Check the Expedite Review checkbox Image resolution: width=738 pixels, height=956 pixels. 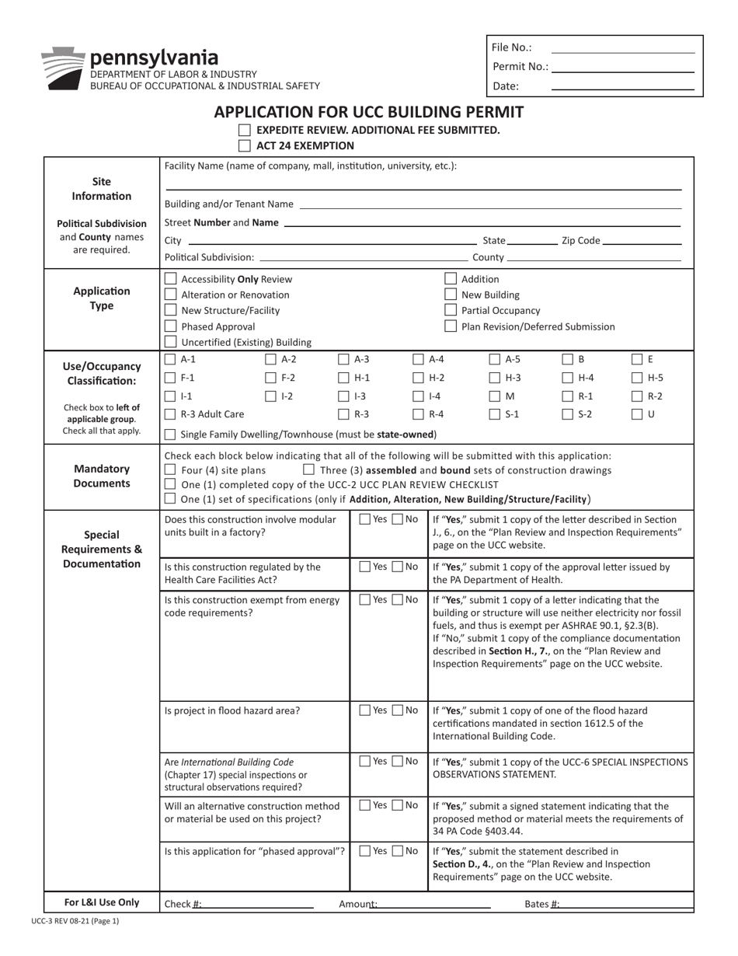point(245,130)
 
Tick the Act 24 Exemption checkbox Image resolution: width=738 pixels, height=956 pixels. point(245,145)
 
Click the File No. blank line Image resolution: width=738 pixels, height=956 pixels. point(622,47)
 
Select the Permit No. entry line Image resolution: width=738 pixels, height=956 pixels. point(622,67)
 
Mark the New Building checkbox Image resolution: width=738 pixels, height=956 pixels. point(451,295)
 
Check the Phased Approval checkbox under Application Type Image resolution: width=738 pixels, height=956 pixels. point(171,326)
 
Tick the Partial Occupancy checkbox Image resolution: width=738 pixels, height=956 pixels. point(451,311)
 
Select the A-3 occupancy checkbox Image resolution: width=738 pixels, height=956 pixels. point(343,359)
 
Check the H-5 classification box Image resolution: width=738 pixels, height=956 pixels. point(637,378)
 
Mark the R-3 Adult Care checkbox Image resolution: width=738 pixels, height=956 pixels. point(171,414)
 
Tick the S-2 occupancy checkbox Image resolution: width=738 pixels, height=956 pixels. point(568,414)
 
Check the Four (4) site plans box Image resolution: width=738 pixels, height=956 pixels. point(171,469)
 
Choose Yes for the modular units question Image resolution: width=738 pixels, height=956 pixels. point(365,519)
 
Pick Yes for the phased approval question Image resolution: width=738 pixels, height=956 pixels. point(365,851)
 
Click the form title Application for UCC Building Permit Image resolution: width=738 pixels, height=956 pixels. point(369,112)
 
